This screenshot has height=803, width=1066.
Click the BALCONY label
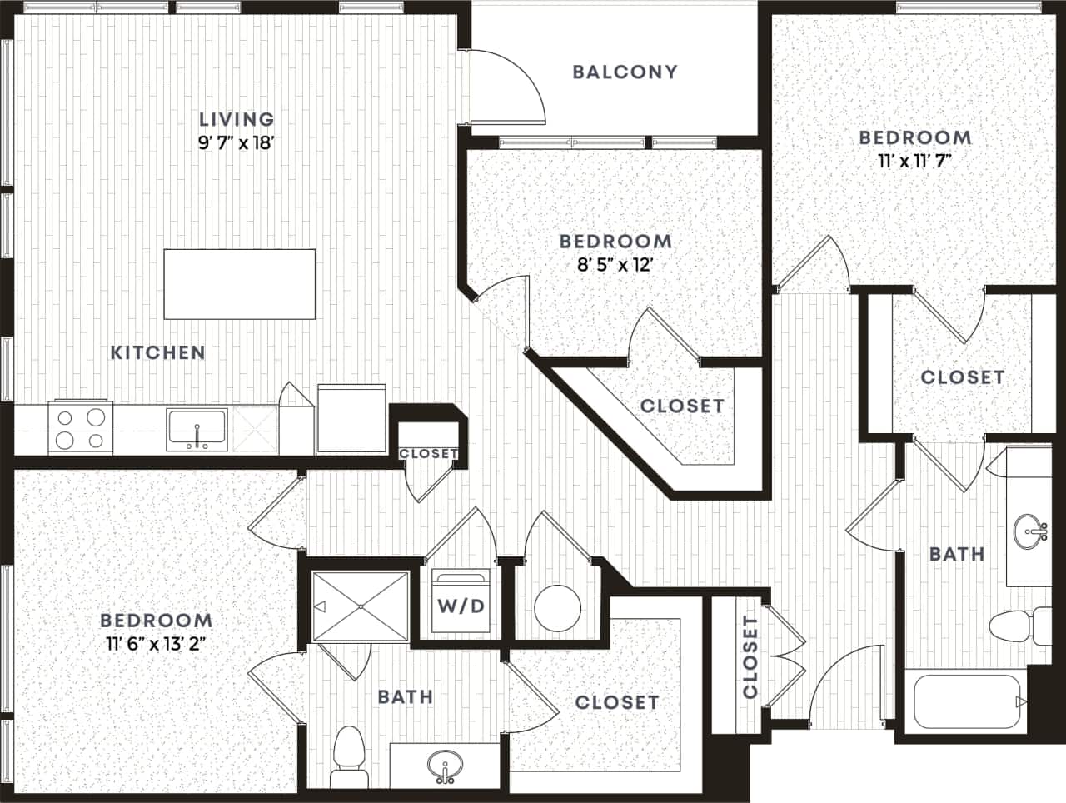625,72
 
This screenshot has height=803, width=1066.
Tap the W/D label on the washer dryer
461,606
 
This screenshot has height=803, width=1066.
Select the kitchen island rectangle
240,283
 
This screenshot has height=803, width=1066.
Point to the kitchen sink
197,428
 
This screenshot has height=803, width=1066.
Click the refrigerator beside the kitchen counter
351,418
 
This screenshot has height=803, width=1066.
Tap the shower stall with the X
361,606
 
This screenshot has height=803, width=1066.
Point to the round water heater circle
557,608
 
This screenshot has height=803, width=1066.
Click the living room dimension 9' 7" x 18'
237,143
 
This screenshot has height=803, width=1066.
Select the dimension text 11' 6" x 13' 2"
156,643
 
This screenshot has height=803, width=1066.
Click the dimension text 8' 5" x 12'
615,265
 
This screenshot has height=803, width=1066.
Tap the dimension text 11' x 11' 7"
914,161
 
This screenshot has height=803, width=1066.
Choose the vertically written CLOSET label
750,658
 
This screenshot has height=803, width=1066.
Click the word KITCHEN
158,352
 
